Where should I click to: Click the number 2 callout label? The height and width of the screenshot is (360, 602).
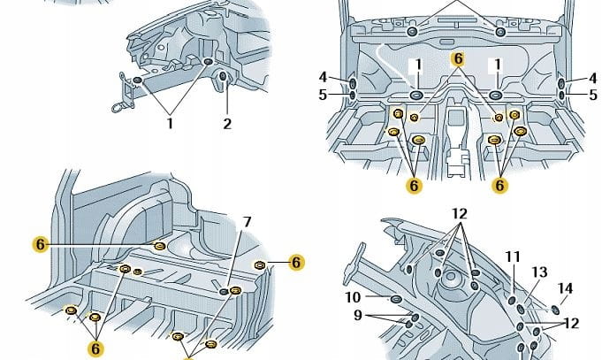(x=227, y=124)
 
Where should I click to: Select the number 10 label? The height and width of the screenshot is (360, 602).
(x=352, y=297)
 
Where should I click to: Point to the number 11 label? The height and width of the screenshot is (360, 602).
(x=513, y=257)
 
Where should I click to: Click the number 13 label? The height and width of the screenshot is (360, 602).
(x=539, y=272)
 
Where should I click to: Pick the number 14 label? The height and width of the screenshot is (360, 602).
(x=566, y=287)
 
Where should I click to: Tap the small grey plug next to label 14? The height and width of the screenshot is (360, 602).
(x=553, y=309)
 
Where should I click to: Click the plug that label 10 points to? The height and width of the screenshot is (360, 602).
(x=395, y=299)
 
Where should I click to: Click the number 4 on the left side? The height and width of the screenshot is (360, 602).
(x=324, y=77)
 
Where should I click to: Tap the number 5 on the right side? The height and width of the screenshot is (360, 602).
(x=593, y=94)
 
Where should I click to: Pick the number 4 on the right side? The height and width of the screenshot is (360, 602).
(x=593, y=77)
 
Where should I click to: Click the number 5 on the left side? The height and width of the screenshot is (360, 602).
(x=324, y=94)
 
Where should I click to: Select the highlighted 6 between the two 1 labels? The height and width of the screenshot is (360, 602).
(x=457, y=59)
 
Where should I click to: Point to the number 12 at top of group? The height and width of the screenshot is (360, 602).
(x=459, y=214)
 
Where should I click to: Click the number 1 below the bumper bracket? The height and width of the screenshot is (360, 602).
(x=170, y=124)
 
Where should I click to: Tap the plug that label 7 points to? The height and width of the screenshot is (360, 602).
(x=225, y=291)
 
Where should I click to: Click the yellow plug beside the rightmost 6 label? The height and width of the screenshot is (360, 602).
(x=260, y=264)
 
